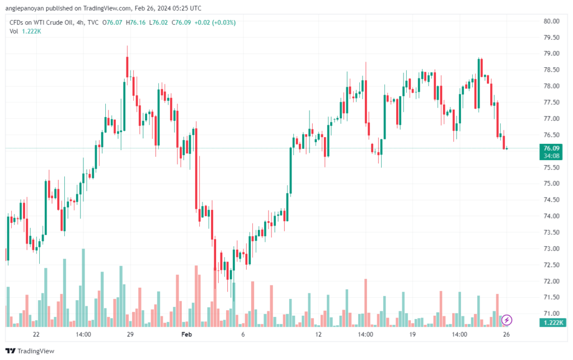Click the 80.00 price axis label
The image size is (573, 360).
coord(551,21)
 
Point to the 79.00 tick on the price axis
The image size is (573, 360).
coord(551,53)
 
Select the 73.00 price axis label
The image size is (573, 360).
coord(551,249)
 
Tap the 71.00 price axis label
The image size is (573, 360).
coord(551,313)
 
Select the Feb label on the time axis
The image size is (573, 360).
coord(186,334)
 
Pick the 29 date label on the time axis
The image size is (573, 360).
coord(130,334)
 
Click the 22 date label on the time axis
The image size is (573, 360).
coord(36,334)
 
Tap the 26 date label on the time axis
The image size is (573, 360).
coord(506,334)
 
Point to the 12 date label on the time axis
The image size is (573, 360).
coord(318,334)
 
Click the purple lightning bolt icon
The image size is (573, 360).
coord(506,320)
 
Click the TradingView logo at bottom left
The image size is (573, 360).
coord(30,351)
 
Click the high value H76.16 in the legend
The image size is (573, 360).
coord(135,22)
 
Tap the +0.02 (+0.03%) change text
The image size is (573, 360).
coord(215,22)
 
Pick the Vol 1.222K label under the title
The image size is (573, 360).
coord(25,31)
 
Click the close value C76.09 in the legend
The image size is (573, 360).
coord(181,22)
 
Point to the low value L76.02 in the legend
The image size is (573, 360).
coord(158,22)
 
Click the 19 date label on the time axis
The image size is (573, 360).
coord(412,334)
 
